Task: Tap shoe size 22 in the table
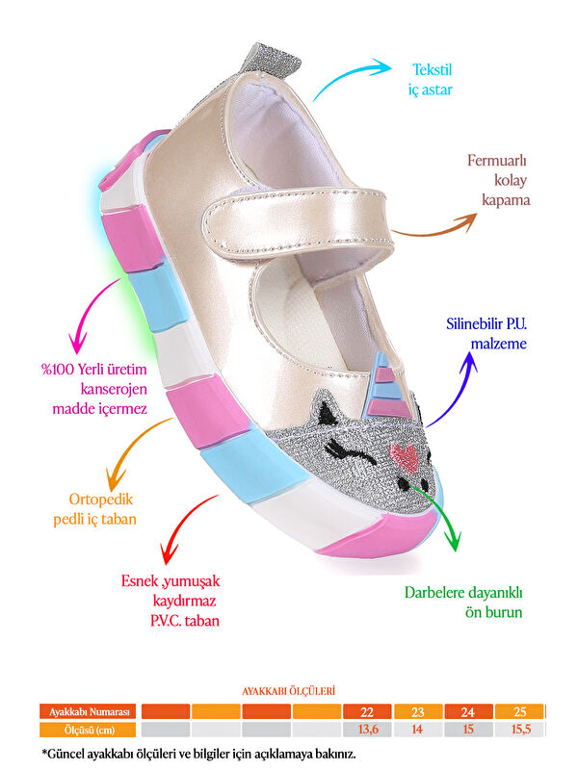pyautogui.click(x=367, y=711)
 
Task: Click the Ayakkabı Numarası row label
pyautogui.click(x=88, y=711)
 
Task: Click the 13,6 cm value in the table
pyautogui.click(x=367, y=729)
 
